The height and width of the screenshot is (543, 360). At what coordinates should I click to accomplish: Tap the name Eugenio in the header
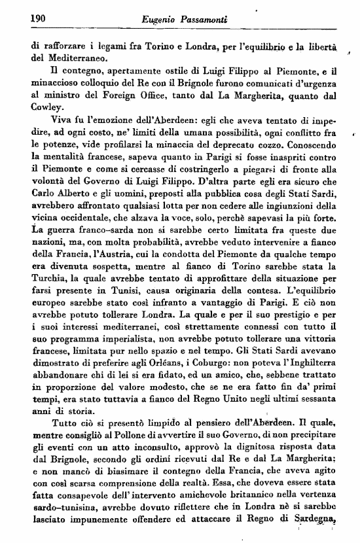(x=159, y=21)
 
